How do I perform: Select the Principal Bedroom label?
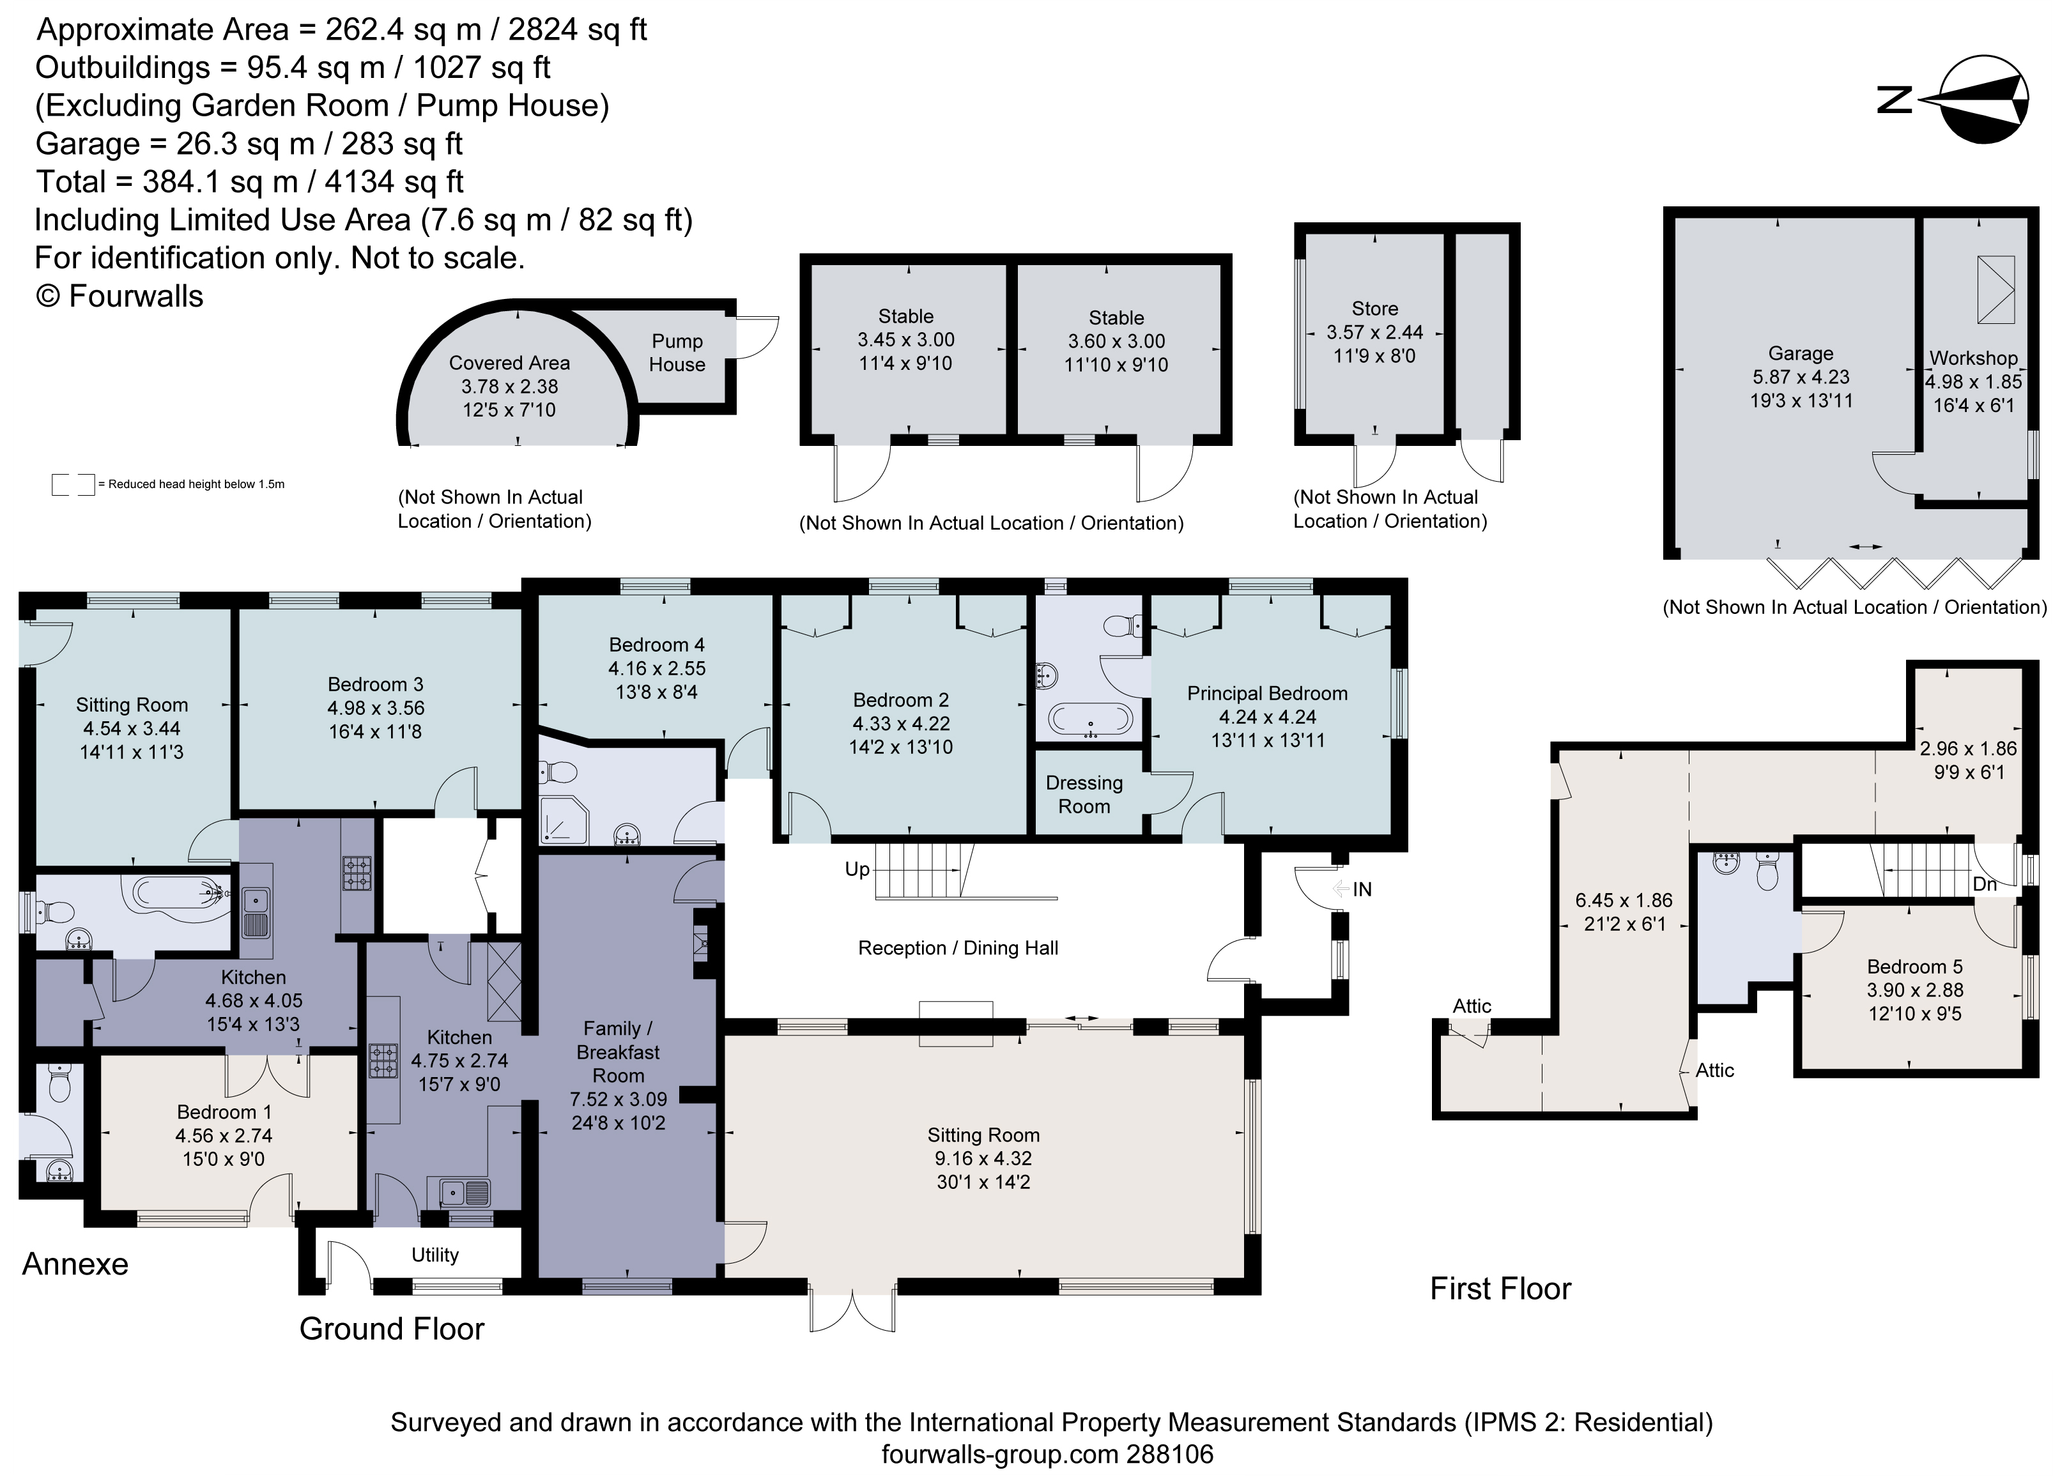tap(1266, 693)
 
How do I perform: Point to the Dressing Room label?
tap(1084, 795)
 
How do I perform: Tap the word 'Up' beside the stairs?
tap(856, 869)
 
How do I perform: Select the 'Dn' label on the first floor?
tap(1983, 884)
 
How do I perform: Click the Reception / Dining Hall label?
tap(958, 947)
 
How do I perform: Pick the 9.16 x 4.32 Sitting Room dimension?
tap(983, 1158)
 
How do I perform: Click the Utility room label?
tap(434, 1255)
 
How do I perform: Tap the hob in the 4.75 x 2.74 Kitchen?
tap(382, 1060)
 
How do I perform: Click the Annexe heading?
tap(75, 1264)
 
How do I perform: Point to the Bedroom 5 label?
tap(1914, 967)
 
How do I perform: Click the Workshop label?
tap(1973, 358)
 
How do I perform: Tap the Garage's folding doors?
tap(1894, 572)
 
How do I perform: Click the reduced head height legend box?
tap(72, 484)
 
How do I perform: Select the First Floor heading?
tap(1500, 1289)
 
